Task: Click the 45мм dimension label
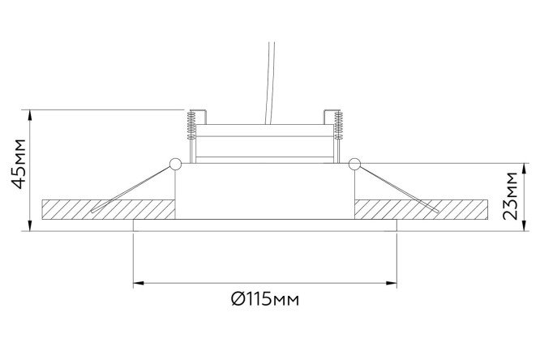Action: click(19, 164)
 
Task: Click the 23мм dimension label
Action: click(510, 195)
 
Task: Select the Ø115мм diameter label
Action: click(265, 299)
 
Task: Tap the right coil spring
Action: click(339, 125)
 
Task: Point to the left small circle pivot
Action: click(175, 164)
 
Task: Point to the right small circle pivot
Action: click(354, 164)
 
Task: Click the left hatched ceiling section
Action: click(109, 209)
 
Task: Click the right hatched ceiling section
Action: click(421, 209)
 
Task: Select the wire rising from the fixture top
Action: click(269, 83)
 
